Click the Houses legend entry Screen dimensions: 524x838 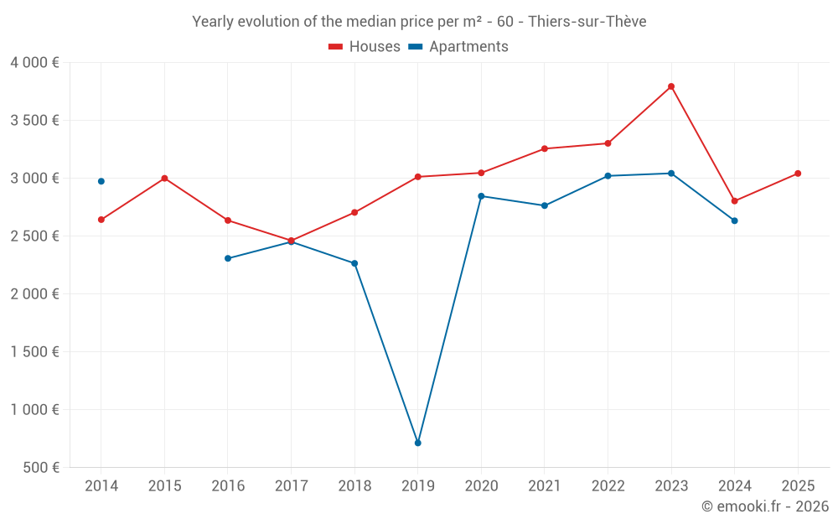[365, 47]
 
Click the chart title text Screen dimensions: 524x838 [419, 22]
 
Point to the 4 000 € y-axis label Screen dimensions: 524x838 [35, 62]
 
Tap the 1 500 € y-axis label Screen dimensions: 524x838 [35, 351]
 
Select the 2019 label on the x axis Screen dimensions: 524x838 [417, 485]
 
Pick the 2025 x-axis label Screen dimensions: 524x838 [797, 485]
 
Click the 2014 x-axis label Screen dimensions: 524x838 [101, 485]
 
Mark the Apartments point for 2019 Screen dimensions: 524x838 [417, 443]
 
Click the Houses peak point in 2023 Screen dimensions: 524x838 [671, 86]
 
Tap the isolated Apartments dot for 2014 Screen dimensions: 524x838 [101, 181]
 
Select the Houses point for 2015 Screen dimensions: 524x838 [164, 178]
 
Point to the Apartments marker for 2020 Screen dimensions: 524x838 [481, 196]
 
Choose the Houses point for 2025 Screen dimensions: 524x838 [798, 174]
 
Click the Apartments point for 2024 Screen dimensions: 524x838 [735, 220]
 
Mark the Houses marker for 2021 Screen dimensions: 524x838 [545, 148]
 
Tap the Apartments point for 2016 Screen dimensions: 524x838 [228, 258]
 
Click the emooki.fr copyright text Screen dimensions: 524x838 [765, 506]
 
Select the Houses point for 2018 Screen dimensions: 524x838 [354, 212]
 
